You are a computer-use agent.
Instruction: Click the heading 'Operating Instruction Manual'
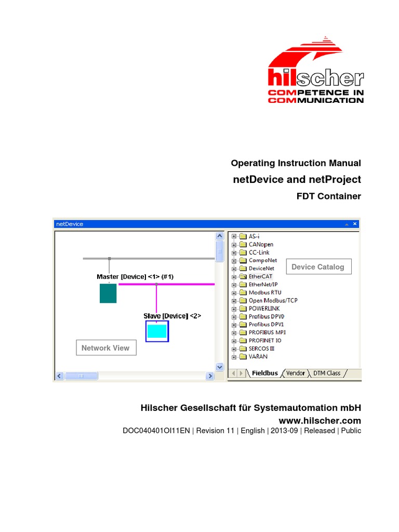tap(296, 163)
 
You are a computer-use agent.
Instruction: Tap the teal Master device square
tap(108, 293)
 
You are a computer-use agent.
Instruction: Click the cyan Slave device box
tap(157, 331)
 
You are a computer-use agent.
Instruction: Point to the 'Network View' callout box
tap(106, 348)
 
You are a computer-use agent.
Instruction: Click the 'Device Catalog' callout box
tap(318, 267)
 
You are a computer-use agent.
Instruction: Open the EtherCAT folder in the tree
tap(260, 276)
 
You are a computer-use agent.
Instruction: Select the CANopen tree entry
tap(261, 244)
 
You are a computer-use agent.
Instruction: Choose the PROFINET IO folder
tap(265, 341)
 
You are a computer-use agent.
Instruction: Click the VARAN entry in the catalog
tap(258, 357)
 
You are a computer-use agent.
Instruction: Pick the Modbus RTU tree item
tap(264, 292)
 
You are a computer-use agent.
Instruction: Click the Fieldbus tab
tap(264, 373)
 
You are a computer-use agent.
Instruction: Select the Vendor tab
tap(296, 373)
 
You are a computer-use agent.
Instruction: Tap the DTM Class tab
tap(326, 373)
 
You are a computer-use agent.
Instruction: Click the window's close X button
tap(355, 224)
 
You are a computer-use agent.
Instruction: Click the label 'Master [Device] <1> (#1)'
tap(135, 277)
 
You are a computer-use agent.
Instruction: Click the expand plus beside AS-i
tap(234, 236)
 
